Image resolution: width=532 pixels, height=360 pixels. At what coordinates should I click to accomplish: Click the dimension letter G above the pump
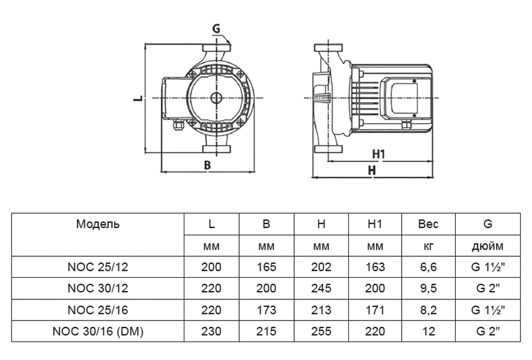216,28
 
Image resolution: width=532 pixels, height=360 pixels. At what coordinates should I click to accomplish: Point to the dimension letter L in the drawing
137,98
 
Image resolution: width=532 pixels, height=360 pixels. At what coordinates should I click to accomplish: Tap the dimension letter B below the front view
207,164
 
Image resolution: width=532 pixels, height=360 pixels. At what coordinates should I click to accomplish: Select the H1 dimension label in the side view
378,154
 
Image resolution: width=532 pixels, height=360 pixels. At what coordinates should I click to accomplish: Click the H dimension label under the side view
372,170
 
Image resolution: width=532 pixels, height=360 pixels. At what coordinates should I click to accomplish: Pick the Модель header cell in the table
98,224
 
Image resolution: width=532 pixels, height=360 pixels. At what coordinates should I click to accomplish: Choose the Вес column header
428,224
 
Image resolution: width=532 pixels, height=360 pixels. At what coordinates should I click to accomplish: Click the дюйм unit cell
487,246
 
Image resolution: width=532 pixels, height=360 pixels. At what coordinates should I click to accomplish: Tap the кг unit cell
428,246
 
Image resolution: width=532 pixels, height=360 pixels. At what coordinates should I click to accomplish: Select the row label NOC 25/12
98,267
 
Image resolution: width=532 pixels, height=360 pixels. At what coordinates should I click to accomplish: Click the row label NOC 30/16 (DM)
98,331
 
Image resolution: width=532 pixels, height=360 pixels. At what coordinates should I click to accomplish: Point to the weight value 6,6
428,267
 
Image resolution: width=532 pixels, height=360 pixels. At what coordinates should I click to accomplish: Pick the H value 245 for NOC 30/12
321,289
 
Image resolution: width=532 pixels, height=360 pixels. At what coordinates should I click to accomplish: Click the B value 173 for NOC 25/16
266,310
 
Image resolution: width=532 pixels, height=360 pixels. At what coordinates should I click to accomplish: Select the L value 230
211,331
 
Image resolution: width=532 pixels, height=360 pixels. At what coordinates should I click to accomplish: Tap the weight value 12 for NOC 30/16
428,331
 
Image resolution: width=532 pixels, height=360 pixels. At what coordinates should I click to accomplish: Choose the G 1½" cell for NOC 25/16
487,310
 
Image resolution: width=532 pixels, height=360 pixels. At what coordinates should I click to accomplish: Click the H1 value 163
375,267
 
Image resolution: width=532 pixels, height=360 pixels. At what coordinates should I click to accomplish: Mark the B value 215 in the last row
266,331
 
